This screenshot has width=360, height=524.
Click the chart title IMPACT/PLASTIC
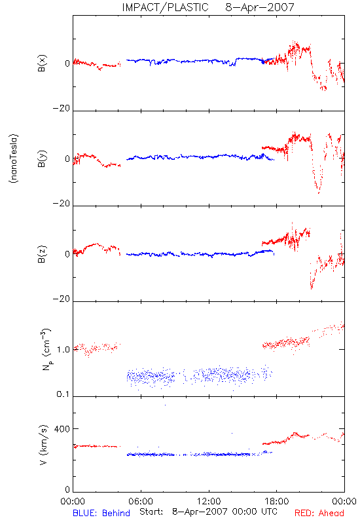point(165,7)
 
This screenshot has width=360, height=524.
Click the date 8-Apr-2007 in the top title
point(260,7)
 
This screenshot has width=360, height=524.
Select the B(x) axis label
point(42,63)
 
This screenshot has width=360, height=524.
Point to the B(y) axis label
point(42,159)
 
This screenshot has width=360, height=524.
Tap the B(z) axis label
point(42,254)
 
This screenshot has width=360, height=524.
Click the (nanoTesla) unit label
point(14,159)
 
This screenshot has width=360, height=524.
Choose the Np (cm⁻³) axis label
point(46,349)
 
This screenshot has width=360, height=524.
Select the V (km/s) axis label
point(43,445)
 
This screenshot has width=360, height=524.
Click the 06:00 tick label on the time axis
point(141,501)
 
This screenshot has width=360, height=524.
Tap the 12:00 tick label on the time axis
point(209,501)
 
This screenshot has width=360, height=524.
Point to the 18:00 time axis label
point(276,501)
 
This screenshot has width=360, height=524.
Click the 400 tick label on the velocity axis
point(62,429)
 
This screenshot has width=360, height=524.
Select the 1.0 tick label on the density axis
point(63,350)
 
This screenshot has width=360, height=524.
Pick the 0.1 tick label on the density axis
point(63,394)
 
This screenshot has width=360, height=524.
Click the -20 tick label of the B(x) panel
point(62,108)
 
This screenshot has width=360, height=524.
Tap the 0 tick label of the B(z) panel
point(67,254)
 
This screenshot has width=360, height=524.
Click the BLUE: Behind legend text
point(101,513)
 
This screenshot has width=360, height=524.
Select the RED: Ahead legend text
point(319,513)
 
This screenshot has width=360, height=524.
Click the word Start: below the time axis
point(151,512)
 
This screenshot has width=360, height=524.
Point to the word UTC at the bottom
point(269,512)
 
